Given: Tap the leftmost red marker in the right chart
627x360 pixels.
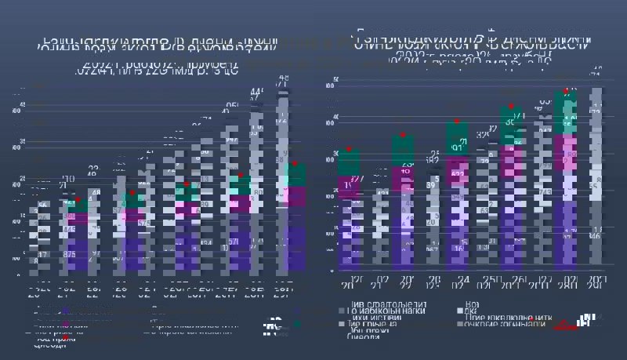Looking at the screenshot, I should [x=350, y=148].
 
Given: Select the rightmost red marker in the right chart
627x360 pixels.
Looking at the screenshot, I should [x=567, y=90].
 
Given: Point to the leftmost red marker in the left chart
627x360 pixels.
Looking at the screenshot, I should [x=76, y=200].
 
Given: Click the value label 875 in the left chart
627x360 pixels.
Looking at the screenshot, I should [x=70, y=254].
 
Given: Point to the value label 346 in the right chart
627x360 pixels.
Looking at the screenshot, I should [x=595, y=235].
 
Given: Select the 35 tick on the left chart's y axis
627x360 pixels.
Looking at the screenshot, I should [x=22, y=142].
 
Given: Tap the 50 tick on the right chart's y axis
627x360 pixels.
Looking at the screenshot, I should [x=335, y=80].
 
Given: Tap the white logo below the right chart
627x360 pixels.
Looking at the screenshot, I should [x=584, y=319].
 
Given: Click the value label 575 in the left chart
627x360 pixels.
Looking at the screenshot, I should [x=143, y=224].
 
